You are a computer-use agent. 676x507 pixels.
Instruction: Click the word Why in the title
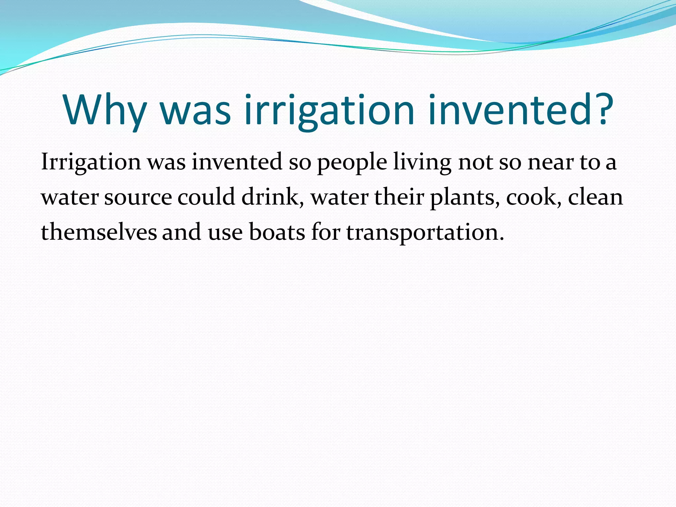105,111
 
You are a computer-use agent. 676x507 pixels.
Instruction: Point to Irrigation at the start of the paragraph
91,162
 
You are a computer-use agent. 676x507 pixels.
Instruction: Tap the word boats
277,232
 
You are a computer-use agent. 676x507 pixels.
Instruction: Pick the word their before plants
399,197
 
